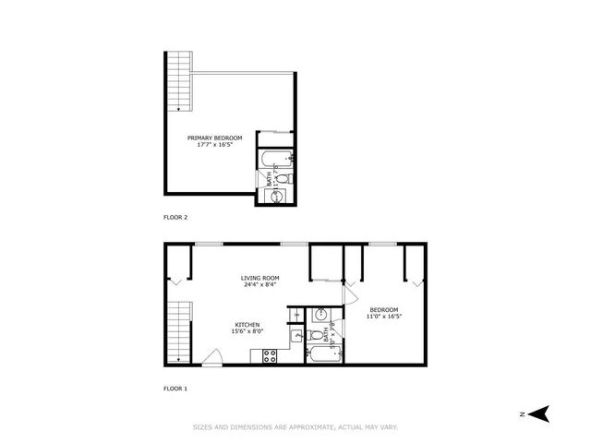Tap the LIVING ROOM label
[260, 278]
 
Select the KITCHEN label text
[247, 325]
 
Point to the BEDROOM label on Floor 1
[383, 309]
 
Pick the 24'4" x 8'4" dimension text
[260, 285]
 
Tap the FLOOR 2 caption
[175, 218]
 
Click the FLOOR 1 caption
[175, 389]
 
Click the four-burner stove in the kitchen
[271, 356]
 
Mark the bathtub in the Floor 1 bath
[319, 354]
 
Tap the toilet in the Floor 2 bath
[287, 176]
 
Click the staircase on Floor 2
[177, 81]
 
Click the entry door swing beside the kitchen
[211, 358]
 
